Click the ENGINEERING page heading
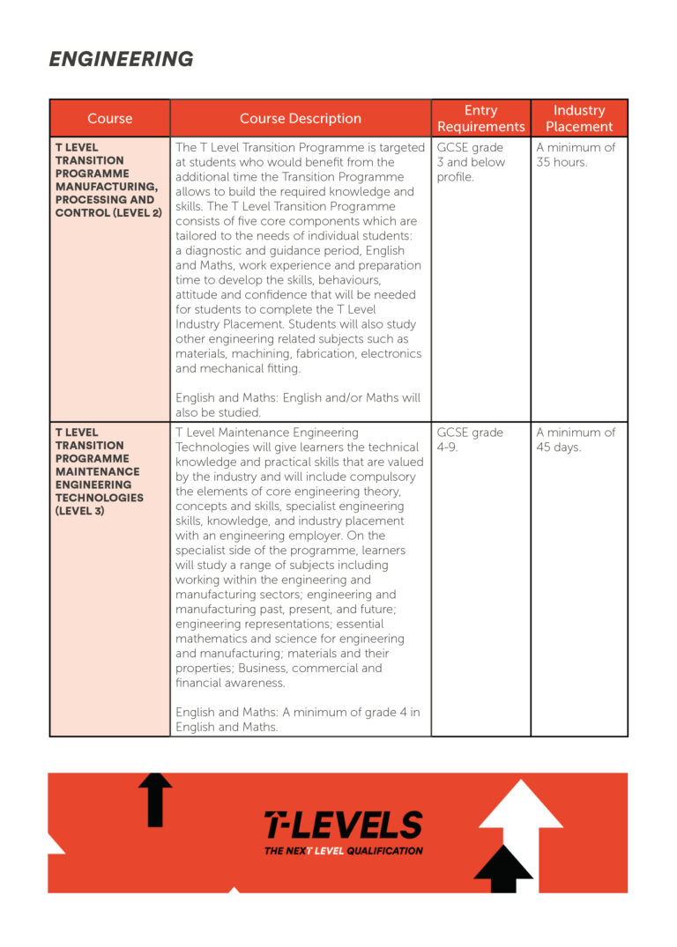click(121, 59)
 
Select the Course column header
click(109, 118)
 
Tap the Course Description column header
click(300, 118)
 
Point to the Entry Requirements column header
click(480, 118)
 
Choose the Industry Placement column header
click(579, 118)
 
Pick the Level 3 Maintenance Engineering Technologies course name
click(100, 471)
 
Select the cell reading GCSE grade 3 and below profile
click(472, 162)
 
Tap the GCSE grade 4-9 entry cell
click(470, 440)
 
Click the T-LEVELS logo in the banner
click(343, 825)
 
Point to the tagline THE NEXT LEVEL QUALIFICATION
click(343, 851)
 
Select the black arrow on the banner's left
click(155, 799)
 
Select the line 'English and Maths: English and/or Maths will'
click(298, 398)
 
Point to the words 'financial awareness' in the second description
click(230, 683)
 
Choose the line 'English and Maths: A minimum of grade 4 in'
click(298, 712)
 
